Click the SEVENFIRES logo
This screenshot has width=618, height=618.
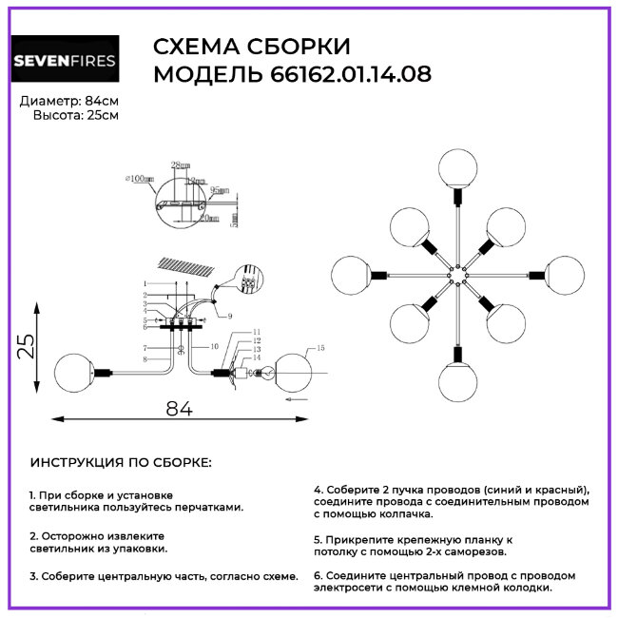coord(65,63)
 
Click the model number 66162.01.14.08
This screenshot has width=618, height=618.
coord(344,75)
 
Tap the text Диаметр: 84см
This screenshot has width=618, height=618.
coord(68,100)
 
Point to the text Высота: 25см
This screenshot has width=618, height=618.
coord(76,115)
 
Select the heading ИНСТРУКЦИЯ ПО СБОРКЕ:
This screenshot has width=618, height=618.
coord(122,463)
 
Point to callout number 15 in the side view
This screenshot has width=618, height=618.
coord(319,349)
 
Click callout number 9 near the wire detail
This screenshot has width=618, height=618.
coord(229,315)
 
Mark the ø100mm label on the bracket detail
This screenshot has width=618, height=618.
coord(140,178)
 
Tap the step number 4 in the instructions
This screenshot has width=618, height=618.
coord(318,489)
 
